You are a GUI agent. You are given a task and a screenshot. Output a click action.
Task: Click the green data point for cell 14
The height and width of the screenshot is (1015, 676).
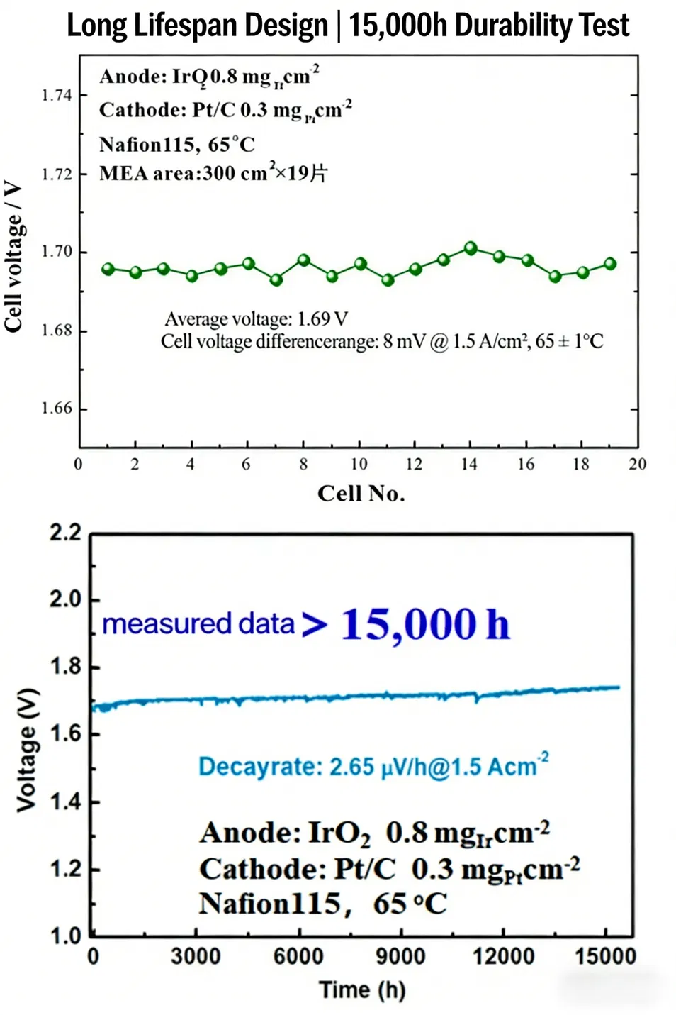click(x=471, y=248)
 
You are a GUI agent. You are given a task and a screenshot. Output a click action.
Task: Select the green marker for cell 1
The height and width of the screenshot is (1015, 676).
click(x=108, y=269)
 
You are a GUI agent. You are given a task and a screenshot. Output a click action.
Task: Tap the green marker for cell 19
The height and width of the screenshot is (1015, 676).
click(x=610, y=264)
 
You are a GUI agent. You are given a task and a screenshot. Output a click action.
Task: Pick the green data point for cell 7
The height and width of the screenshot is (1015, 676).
click(x=276, y=279)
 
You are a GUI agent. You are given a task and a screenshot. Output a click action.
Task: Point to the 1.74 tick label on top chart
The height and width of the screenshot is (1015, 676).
click(x=57, y=96)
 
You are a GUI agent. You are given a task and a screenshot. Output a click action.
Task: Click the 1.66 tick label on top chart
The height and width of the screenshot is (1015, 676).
click(x=57, y=409)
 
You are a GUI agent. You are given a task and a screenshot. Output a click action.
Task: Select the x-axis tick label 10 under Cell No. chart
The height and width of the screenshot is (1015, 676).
click(x=359, y=465)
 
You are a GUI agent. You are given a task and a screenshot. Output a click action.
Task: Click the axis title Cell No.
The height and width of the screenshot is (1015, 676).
click(x=361, y=494)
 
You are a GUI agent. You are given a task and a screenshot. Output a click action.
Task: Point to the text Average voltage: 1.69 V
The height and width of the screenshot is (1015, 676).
click(x=256, y=319)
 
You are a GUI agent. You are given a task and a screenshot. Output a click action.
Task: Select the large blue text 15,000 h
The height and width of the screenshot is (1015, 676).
click(x=425, y=624)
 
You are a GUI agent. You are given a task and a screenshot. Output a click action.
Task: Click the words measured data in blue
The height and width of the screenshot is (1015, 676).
click(x=198, y=624)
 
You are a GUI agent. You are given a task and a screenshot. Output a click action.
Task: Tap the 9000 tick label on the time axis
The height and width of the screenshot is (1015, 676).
click(x=400, y=956)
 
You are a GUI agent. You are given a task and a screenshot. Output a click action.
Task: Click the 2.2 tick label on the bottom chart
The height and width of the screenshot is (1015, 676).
click(x=65, y=533)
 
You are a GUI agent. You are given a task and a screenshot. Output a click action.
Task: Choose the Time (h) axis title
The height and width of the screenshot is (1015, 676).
click(x=362, y=989)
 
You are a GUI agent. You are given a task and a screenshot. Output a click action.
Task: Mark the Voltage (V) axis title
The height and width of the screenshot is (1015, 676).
click(x=27, y=750)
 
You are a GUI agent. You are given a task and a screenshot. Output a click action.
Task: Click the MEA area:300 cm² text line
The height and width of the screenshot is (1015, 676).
click(x=213, y=174)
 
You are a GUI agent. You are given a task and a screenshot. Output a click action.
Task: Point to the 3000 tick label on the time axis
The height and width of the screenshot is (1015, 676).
click(x=196, y=956)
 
